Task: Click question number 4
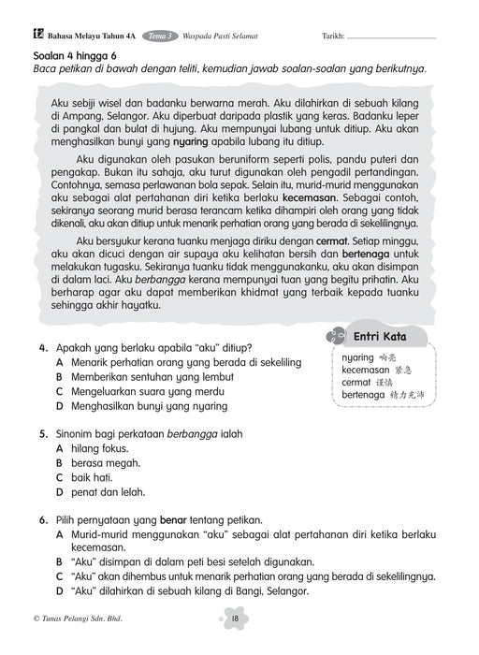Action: click(44, 346)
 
